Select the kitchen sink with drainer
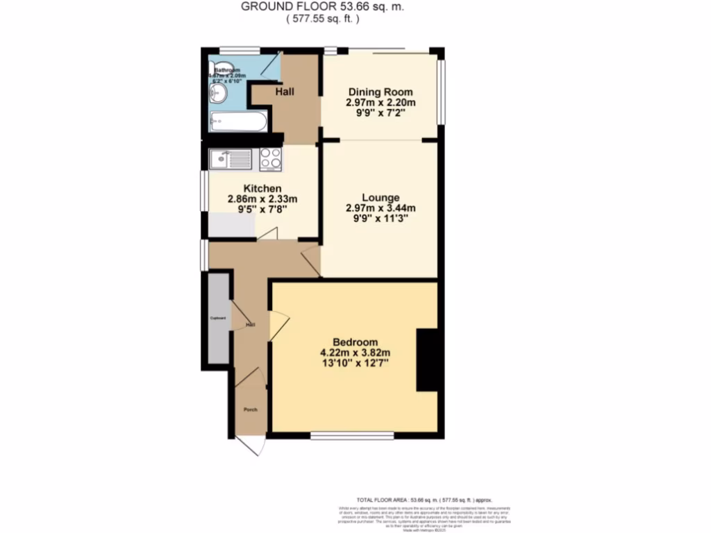231,160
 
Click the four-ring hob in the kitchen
271,160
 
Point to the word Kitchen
262,188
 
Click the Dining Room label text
380,92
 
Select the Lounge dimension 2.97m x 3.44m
380,208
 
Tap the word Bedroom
355,342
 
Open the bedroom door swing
278,325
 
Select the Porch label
250,409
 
